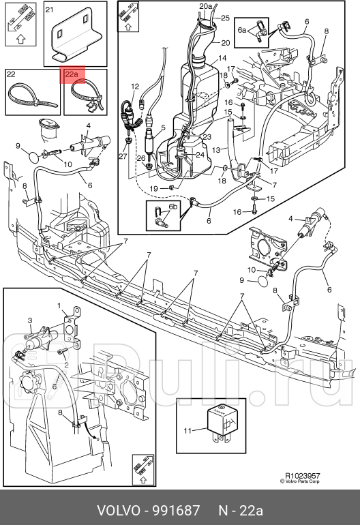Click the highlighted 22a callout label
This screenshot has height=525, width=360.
[72, 74]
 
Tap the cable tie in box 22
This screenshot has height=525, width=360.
[32, 95]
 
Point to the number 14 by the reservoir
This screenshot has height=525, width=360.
[222, 58]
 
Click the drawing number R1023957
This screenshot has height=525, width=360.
[303, 475]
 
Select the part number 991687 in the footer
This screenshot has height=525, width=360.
[176, 511]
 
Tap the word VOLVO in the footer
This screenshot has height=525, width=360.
[119, 511]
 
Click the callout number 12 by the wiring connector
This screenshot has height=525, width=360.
[135, 87]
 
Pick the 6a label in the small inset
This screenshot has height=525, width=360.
[242, 30]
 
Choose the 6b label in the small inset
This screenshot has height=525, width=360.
[172, 207]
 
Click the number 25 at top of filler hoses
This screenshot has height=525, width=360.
[226, 18]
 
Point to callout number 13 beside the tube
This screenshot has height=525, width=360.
[216, 150]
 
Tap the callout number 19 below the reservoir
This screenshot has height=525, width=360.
[153, 188]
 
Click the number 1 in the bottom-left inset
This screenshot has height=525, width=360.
[59, 305]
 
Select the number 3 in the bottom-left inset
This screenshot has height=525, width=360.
[30, 320]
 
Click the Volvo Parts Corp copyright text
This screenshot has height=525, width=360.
[300, 481]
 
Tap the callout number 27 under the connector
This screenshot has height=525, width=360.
[123, 156]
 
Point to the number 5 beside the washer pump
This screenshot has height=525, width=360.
[164, 127]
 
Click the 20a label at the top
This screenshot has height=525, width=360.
[206, 6]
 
